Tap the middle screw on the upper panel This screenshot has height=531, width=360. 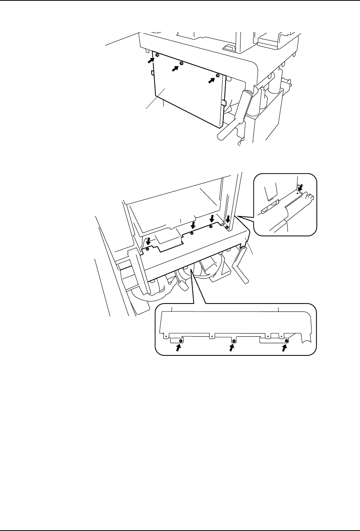[x=182, y=63]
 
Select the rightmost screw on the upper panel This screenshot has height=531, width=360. [x=217, y=76]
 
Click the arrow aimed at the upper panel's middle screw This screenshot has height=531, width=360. [x=176, y=68]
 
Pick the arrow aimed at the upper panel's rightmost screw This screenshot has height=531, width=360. [x=211, y=80]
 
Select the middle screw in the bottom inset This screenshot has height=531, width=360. [x=233, y=341]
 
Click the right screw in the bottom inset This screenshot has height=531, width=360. [x=287, y=341]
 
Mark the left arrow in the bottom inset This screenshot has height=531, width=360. [x=178, y=347]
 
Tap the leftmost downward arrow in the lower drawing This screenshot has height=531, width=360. [x=148, y=242]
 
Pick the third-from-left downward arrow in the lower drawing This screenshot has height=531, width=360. [x=212, y=219]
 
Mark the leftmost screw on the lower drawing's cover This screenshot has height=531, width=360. [x=147, y=249]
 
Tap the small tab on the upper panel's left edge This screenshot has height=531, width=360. [x=152, y=73]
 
